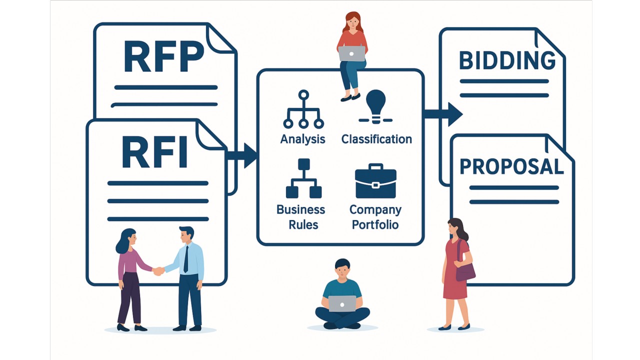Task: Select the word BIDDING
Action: [507, 60]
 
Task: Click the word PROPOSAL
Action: [511, 166]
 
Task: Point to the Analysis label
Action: [302, 139]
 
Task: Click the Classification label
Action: [376, 139]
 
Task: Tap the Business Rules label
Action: [301, 217]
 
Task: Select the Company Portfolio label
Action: [375, 217]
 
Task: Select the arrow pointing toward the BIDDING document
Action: [444, 114]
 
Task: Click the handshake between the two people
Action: [158, 271]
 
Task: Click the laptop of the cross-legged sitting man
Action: [342, 303]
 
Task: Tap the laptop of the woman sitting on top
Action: [351, 53]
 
